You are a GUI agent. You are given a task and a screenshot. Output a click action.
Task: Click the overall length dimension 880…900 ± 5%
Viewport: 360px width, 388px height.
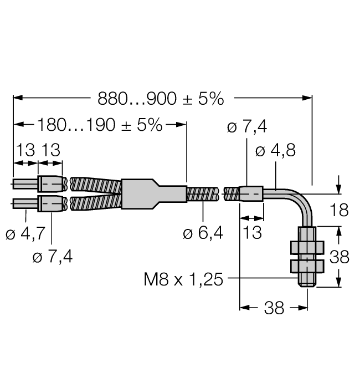click(161, 99)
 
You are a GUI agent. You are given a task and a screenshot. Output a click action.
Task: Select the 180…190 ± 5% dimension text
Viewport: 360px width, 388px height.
click(100, 125)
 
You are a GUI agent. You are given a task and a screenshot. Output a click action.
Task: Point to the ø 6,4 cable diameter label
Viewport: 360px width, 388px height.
click(203, 233)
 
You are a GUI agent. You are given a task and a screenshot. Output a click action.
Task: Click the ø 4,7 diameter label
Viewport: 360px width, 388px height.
click(25, 234)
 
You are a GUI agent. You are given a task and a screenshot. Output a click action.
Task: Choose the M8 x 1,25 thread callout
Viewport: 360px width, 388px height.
click(183, 279)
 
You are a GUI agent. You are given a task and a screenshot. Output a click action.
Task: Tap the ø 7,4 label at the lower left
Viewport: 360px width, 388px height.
click(53, 256)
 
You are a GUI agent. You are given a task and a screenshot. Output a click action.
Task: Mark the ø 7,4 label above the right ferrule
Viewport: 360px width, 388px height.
click(247, 127)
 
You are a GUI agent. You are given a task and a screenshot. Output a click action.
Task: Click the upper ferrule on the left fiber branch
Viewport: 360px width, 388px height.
click(52, 183)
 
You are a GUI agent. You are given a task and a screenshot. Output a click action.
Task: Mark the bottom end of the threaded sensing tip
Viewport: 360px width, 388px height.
click(305, 284)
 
